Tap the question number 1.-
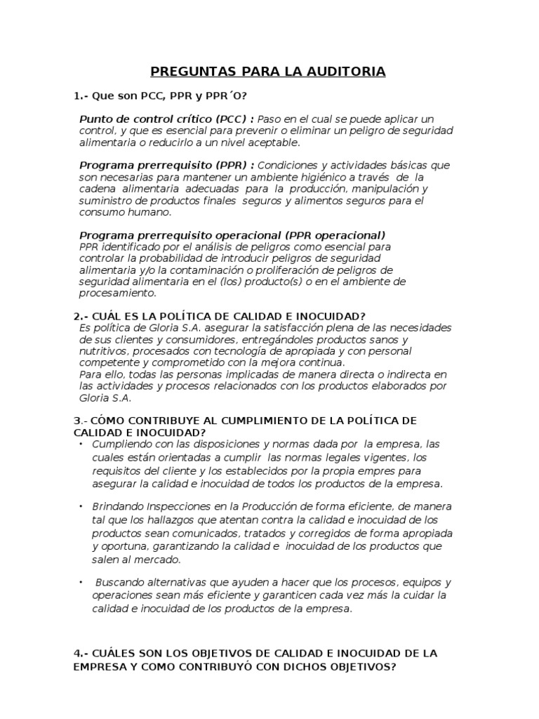coord(81,95)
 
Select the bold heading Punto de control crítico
coord(145,119)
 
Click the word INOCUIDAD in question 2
coord(326,316)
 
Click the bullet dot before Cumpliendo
coord(81,444)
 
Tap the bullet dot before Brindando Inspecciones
coord(81,506)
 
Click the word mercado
coord(161,560)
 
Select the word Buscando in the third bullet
coord(118,583)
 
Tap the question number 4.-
coord(81,653)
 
